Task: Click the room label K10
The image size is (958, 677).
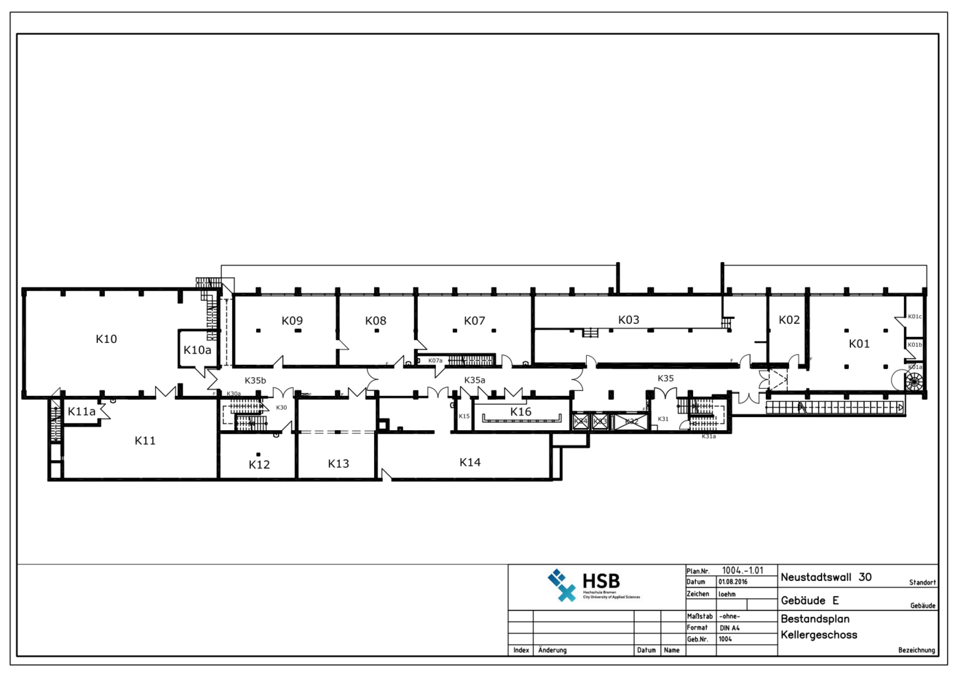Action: (106, 339)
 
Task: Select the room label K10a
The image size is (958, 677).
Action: (197, 350)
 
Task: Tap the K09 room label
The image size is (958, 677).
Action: (292, 320)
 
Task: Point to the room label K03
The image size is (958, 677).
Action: (628, 320)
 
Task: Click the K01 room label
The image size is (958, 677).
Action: (859, 344)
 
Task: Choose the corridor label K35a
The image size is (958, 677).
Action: (474, 380)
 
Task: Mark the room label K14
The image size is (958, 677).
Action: (470, 462)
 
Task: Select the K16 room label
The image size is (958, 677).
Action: (520, 412)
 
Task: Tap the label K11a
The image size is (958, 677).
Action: (82, 412)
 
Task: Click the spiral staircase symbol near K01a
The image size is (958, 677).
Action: (914, 381)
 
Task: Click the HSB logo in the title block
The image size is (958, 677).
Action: (584, 585)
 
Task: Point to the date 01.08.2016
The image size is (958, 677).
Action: (733, 582)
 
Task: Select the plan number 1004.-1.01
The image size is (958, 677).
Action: (742, 571)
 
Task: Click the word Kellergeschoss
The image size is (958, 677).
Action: (819, 635)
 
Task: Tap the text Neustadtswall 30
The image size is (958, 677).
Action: (826, 578)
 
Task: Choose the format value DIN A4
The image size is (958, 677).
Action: (729, 628)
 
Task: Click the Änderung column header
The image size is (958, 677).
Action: (552, 650)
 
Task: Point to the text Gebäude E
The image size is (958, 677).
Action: (810, 601)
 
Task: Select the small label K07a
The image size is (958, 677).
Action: (435, 361)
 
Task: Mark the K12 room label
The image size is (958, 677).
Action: (259, 464)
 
